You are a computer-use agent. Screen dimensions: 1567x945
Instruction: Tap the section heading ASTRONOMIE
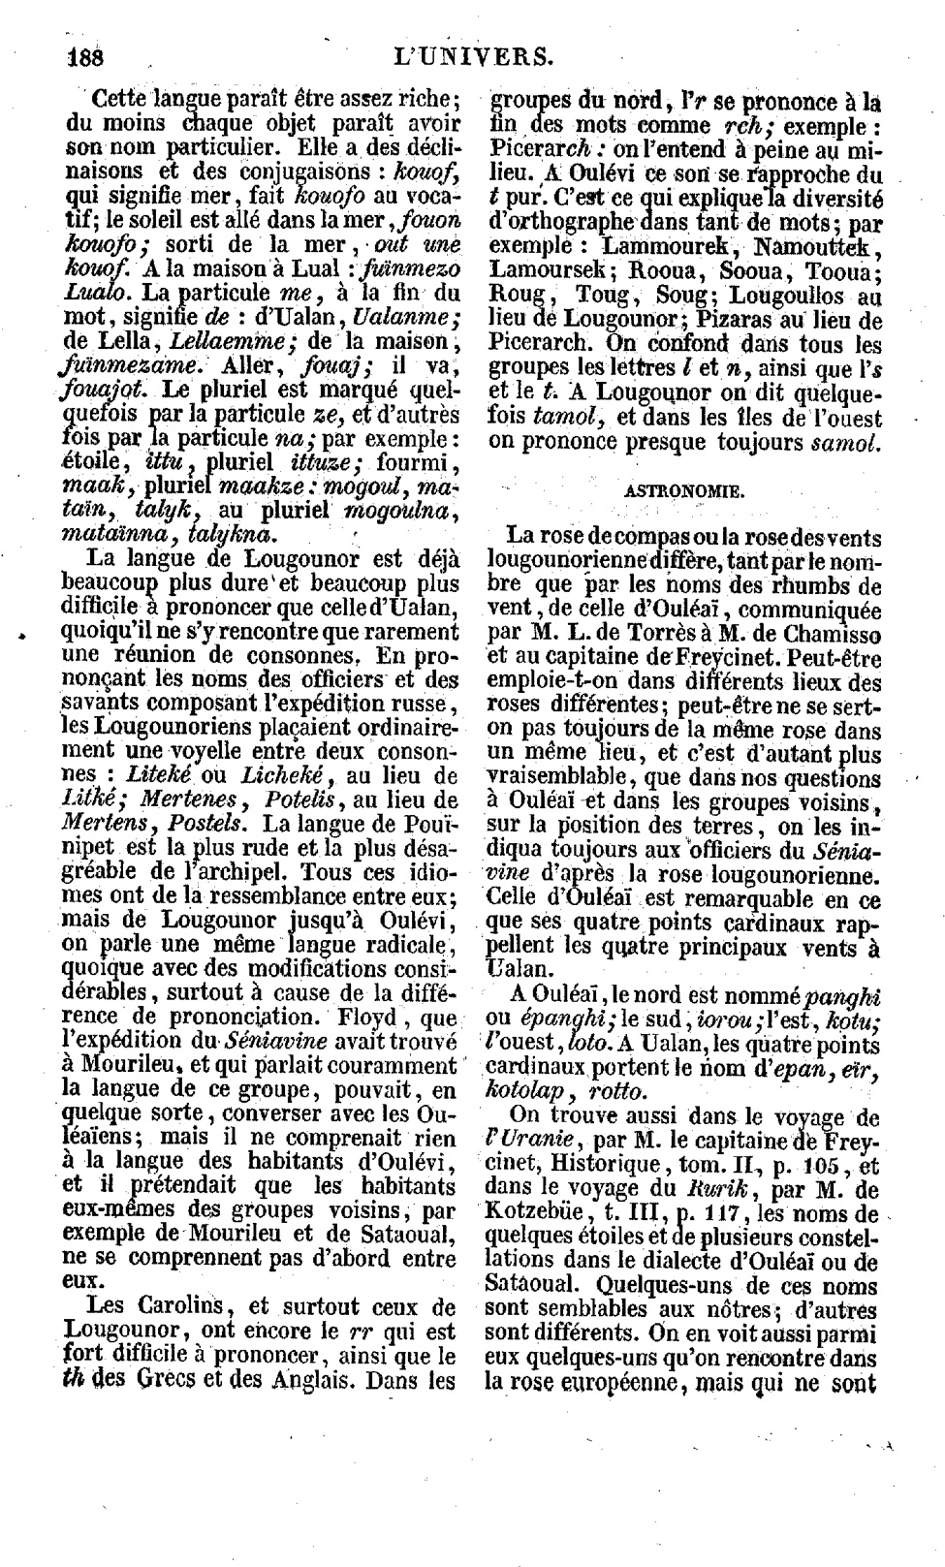click(684, 490)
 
